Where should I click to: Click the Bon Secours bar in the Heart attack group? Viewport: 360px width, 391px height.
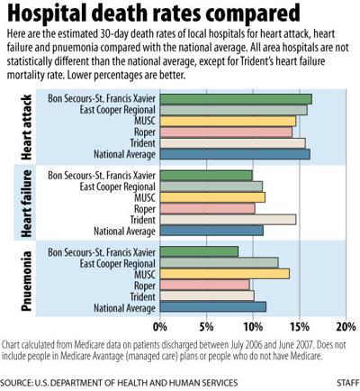coord(235,99)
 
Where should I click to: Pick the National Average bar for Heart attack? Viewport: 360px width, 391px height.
coord(234,154)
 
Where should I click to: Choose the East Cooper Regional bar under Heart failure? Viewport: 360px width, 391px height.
coord(211,186)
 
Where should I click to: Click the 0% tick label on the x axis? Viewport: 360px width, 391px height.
coord(160,326)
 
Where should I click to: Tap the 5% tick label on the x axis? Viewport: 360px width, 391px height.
coord(207,326)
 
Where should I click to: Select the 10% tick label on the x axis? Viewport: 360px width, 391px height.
coord(253,326)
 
